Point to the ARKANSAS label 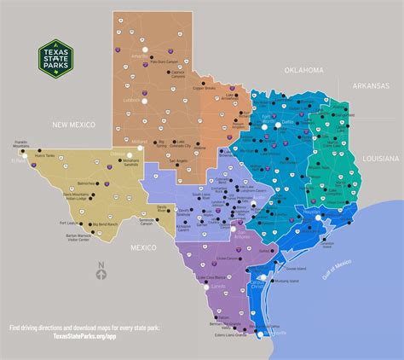pos(373,85)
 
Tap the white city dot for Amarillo pos(143,55)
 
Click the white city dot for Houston pos(319,218)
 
